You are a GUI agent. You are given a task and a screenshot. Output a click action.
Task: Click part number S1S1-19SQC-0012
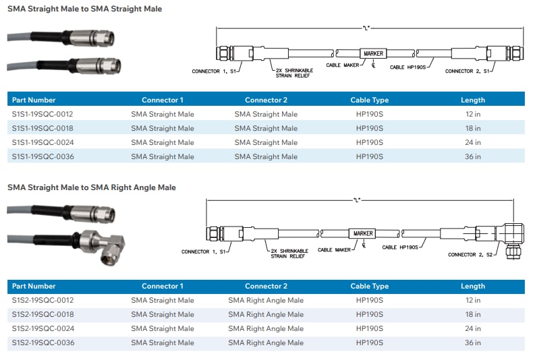coord(43,114)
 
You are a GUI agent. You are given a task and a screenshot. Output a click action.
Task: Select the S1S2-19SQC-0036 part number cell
coord(43,342)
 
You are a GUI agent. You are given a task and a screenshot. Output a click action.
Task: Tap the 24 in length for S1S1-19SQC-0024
coord(473,142)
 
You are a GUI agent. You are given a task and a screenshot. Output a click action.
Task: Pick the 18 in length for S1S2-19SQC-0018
coord(473,314)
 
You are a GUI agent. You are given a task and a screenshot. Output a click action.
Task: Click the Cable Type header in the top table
coord(369,100)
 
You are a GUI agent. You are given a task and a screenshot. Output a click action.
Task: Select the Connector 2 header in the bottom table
coord(266,286)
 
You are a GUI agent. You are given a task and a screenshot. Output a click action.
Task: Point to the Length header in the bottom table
coord(473,286)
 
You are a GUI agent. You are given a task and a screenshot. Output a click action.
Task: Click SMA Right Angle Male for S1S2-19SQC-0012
coord(266,300)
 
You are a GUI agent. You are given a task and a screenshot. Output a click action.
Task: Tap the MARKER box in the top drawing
coord(373,53)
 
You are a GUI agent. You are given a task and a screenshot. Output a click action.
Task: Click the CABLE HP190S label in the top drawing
coord(407,67)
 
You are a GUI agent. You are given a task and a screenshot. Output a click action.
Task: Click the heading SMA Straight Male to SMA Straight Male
coord(84,9)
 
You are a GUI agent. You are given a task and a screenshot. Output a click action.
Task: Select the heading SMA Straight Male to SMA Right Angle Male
coord(92,187)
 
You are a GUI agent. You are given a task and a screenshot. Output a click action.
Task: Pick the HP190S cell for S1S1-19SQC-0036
coord(369,156)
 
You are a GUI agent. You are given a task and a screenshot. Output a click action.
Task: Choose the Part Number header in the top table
coord(34,100)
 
